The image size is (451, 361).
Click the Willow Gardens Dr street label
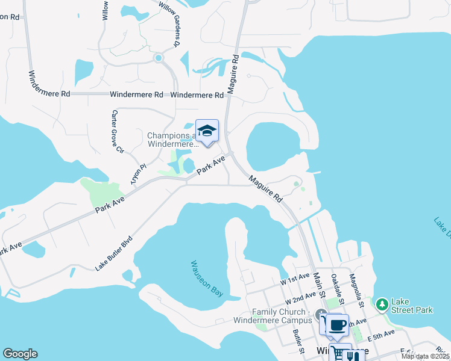click(169, 23)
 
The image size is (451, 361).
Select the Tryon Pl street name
click(139, 174)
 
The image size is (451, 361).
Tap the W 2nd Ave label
click(301, 298)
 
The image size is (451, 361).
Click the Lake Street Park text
click(412, 306)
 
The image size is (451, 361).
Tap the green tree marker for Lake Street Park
click(382, 305)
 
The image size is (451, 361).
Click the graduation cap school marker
click(207, 131)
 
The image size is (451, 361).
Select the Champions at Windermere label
click(172, 140)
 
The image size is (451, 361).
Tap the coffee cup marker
click(338, 325)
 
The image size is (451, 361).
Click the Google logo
click(20, 354)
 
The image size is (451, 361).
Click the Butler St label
click(298, 341)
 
